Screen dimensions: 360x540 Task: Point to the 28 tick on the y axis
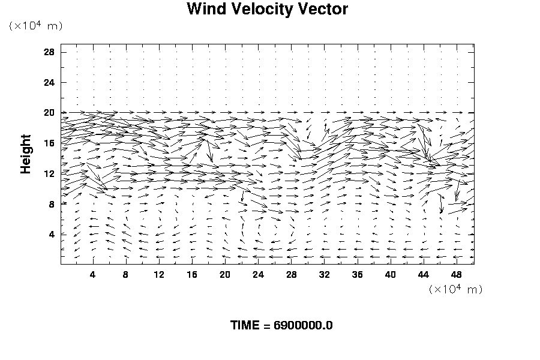pos(49,52)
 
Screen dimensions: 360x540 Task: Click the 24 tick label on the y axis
pos(49,82)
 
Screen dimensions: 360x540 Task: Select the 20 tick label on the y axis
pos(49,113)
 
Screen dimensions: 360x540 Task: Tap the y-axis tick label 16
pos(49,143)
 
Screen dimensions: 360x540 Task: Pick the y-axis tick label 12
pos(49,174)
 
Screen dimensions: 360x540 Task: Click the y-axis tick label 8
pos(52,204)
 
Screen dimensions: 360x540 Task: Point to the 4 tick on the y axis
pos(52,235)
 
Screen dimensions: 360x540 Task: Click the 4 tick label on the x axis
pos(92,274)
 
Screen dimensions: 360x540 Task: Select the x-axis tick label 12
pos(159,274)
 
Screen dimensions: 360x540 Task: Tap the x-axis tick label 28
pos(292,274)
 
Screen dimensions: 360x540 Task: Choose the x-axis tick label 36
pos(358,274)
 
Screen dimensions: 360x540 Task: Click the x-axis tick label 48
pos(457,274)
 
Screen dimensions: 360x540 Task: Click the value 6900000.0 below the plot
pos(303,326)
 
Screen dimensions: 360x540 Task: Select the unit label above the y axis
pos(35,26)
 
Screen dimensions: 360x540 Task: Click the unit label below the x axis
pos(455,289)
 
